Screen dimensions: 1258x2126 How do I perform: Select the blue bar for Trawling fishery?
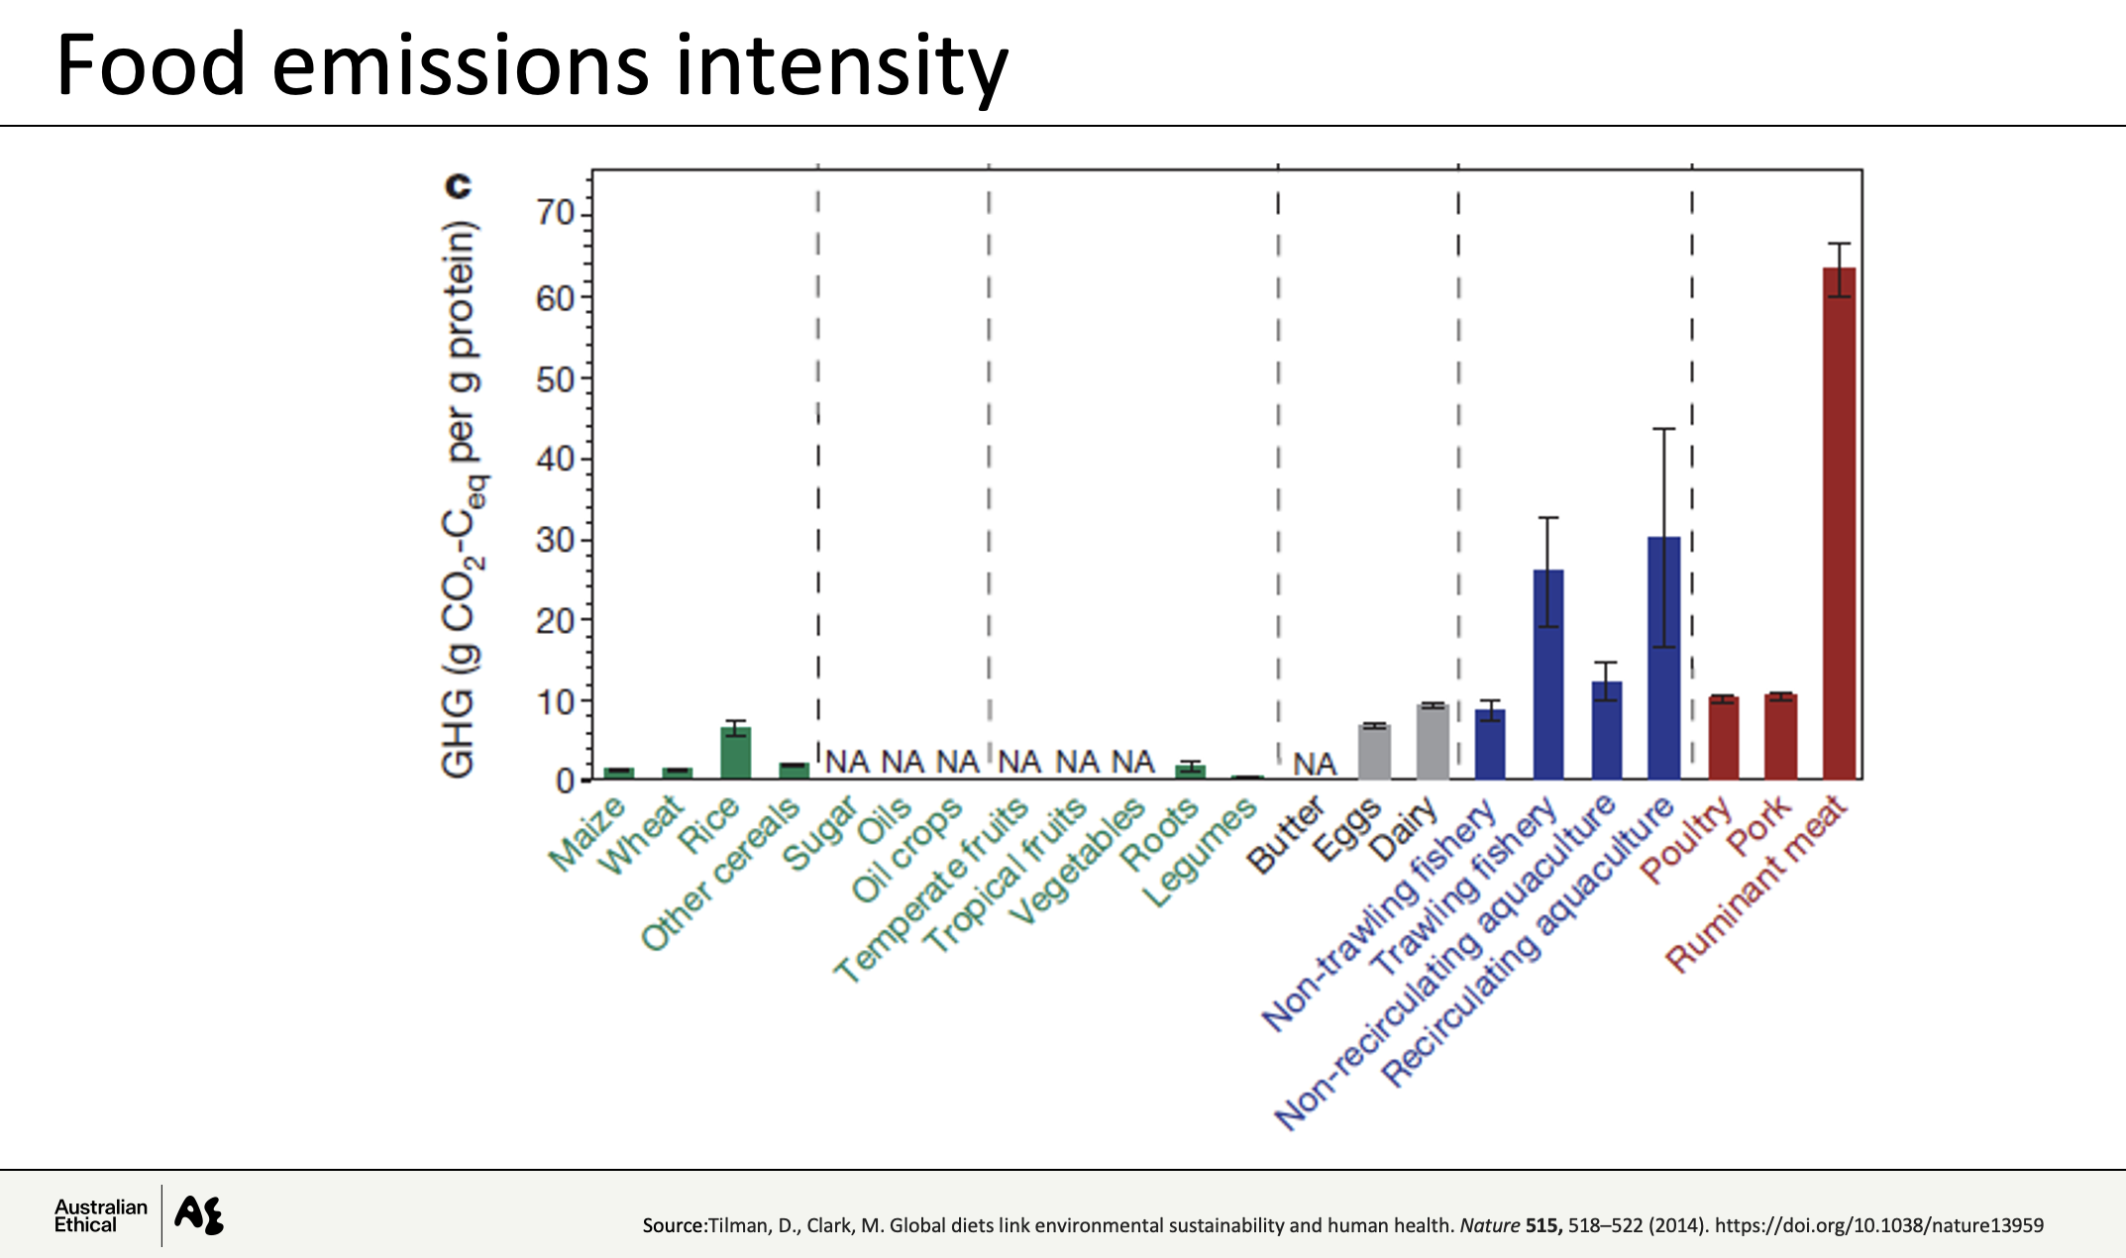[1548, 674]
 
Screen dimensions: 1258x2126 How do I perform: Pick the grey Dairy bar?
[1433, 742]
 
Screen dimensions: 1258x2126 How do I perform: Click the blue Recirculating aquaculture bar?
[1663, 658]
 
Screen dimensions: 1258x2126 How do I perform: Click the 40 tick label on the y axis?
[555, 459]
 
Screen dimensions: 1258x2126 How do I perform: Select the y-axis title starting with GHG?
[460, 500]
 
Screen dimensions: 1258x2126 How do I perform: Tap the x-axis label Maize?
[586, 834]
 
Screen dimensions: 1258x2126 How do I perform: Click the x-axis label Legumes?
[1200, 854]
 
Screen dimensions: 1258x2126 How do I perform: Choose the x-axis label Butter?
[1285, 834]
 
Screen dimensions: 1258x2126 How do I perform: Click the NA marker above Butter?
[1315, 764]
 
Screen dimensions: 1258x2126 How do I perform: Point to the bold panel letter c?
[458, 185]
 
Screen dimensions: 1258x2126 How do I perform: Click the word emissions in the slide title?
[460, 66]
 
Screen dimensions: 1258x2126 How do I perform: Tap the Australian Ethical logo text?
[100, 1215]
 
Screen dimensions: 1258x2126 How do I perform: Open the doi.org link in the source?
[1878, 1225]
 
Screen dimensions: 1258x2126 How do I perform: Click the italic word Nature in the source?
[1489, 1225]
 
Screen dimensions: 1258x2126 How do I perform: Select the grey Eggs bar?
[1374, 752]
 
